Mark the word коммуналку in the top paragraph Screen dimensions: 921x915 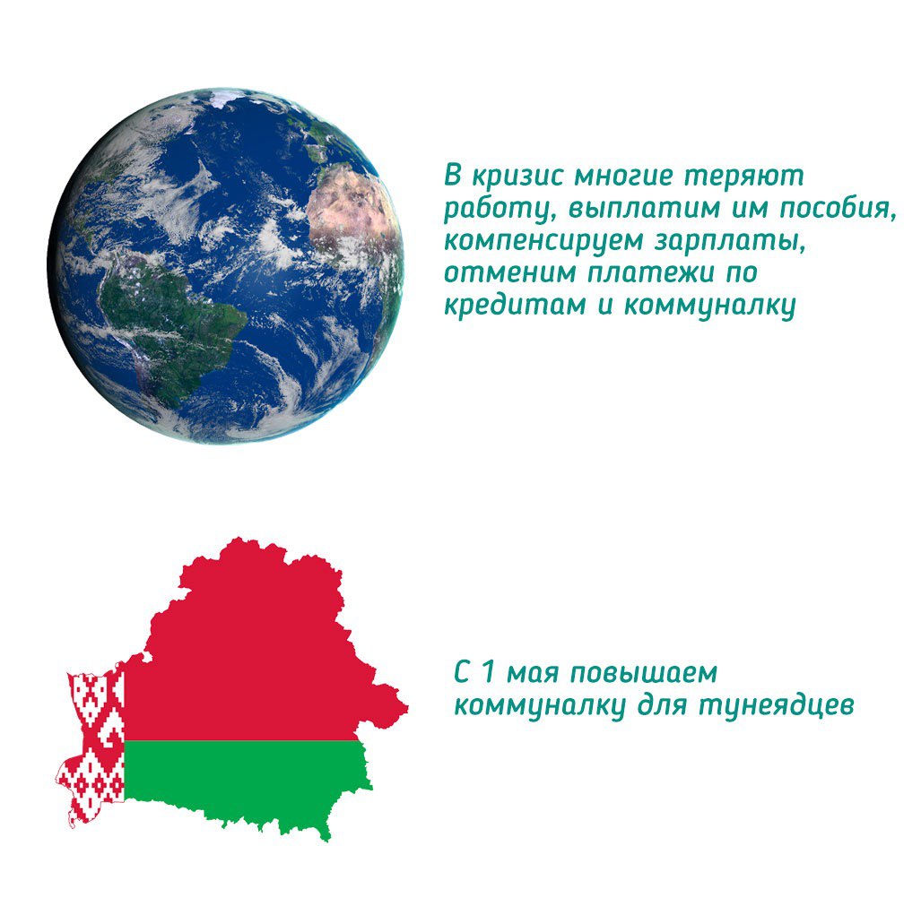point(709,306)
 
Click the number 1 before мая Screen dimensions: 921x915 point(487,673)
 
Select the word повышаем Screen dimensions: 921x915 point(644,674)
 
